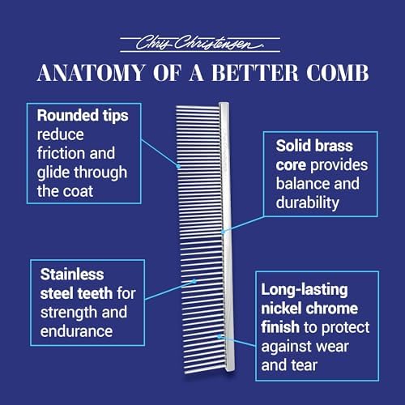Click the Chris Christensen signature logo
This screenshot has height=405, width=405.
[x=200, y=44]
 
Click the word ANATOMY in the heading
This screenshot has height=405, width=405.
[x=91, y=73]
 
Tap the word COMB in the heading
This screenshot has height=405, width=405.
[x=337, y=73]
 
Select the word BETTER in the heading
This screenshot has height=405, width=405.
[x=255, y=73]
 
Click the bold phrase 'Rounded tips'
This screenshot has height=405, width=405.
[x=83, y=116]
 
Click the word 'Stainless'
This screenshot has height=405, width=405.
[x=72, y=275]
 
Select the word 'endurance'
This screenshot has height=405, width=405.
[x=76, y=331]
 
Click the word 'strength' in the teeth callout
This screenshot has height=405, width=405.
[x=69, y=313]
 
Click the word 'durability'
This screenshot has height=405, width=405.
[x=308, y=202]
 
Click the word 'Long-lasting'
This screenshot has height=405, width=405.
[x=305, y=290]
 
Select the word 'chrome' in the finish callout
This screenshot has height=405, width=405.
[x=332, y=309]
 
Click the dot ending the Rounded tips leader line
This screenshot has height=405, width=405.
[x=178, y=166]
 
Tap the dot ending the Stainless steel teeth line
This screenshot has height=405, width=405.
[x=194, y=281]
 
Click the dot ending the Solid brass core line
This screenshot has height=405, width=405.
[x=223, y=232]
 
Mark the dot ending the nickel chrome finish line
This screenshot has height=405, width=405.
[x=220, y=336]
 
